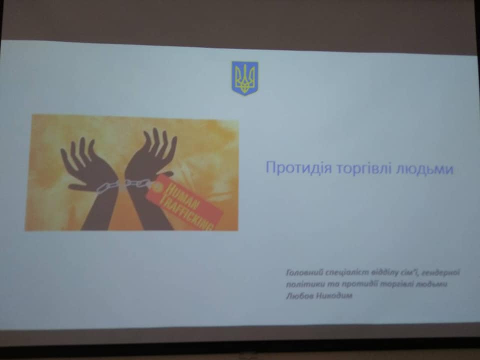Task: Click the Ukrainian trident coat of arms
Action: pyautogui.click(x=244, y=78)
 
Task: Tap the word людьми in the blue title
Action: pyautogui.click(x=424, y=169)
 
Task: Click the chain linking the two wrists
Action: pyautogui.click(x=122, y=185)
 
